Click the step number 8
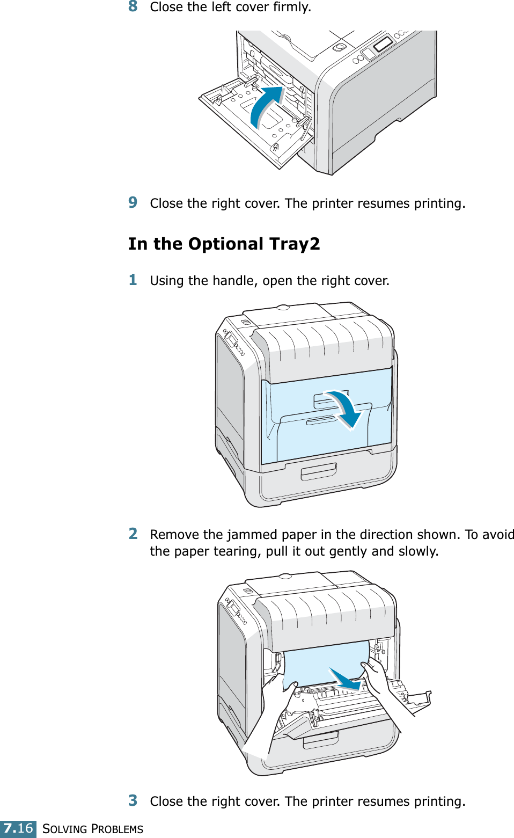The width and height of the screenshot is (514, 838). pyautogui.click(x=133, y=6)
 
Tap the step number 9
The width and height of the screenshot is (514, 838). pyautogui.click(x=133, y=202)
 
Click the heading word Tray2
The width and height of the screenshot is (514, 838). pyautogui.click(x=295, y=244)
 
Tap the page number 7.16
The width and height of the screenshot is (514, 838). pyautogui.click(x=18, y=828)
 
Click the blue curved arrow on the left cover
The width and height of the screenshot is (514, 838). pyautogui.click(x=266, y=105)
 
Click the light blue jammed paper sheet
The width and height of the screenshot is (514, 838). pyautogui.click(x=322, y=663)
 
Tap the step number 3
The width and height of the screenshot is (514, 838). pyautogui.click(x=133, y=800)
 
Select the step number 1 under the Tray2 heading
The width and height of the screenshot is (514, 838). pyautogui.click(x=133, y=280)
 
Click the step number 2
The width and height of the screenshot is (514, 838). pyautogui.click(x=133, y=534)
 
